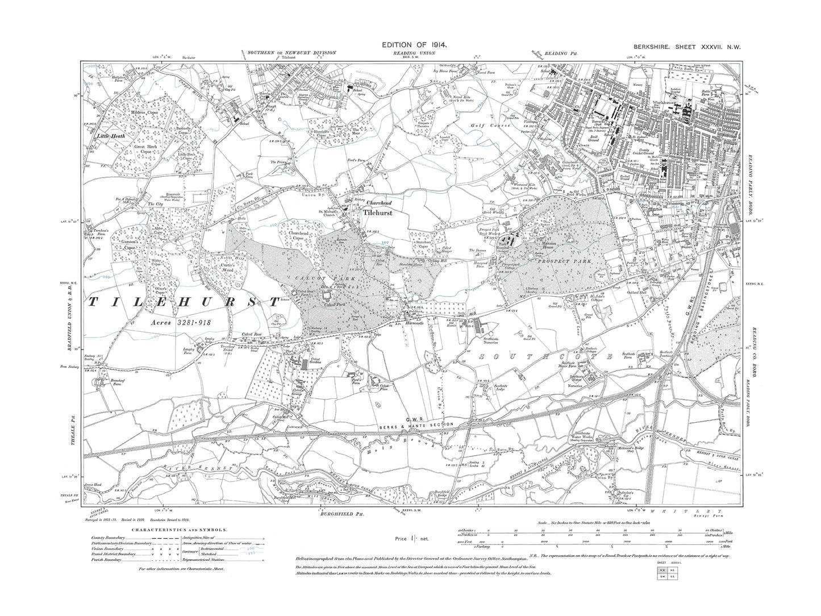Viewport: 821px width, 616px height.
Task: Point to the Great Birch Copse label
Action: (146, 149)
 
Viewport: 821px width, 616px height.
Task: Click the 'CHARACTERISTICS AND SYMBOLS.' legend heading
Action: (180, 530)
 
